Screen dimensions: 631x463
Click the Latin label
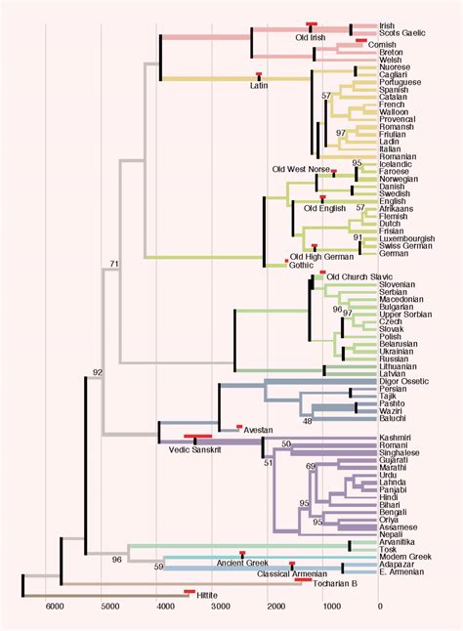259,85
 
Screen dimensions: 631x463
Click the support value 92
97,373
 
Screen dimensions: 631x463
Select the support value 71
114,265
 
